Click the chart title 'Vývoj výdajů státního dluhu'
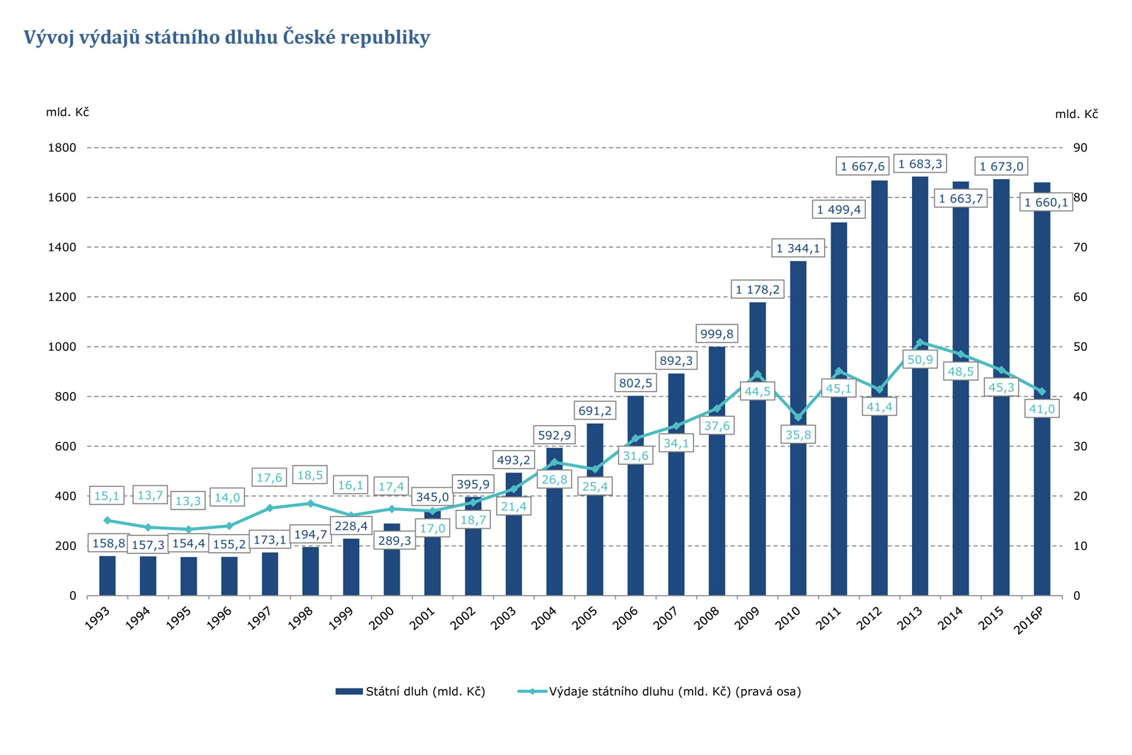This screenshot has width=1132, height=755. point(226,38)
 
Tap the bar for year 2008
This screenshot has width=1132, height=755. point(717,509)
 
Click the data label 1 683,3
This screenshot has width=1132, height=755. point(920,164)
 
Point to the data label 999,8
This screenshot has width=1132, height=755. point(717,334)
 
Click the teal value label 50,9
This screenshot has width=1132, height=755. point(920,360)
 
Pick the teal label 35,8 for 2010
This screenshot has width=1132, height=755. point(798,435)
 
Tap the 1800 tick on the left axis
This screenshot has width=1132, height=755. point(62,148)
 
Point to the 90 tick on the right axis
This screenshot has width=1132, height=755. point(1080,148)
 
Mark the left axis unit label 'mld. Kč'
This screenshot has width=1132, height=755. point(67,113)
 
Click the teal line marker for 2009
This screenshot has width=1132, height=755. point(757,375)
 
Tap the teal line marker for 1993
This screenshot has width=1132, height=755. point(108,521)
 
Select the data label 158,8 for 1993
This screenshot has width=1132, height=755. point(108,543)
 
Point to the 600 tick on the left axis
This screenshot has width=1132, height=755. point(62,446)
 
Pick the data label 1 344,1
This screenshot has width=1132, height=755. point(797,248)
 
